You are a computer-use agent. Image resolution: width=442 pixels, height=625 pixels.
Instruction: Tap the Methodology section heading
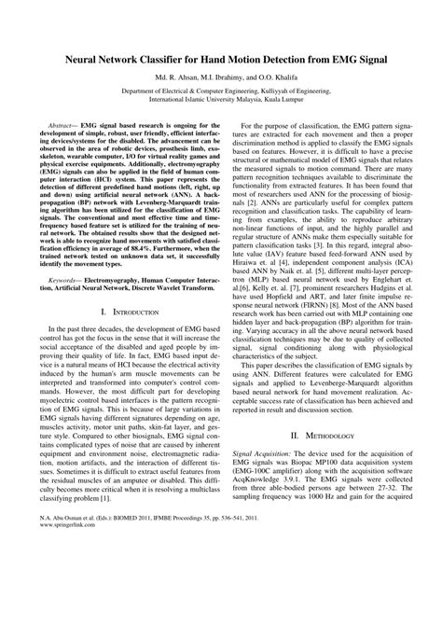322,513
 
